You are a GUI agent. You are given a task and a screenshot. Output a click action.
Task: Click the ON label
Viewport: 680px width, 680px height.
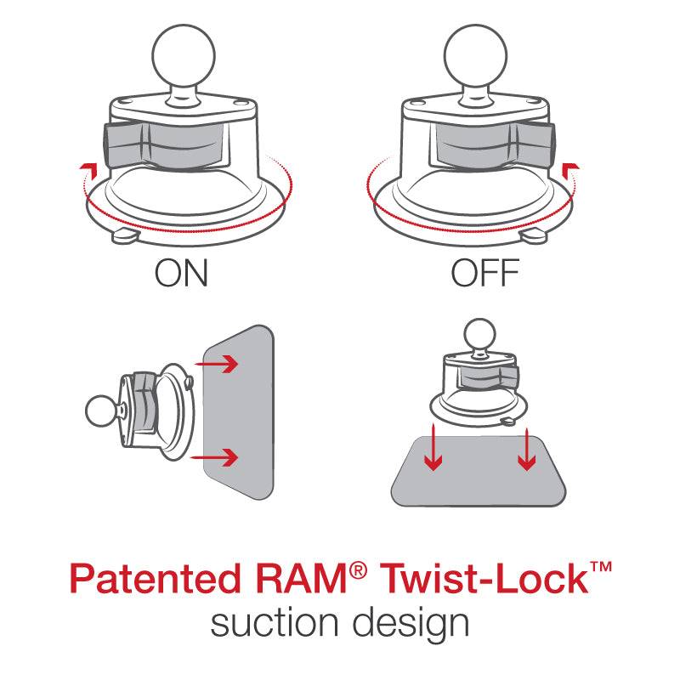[182, 274]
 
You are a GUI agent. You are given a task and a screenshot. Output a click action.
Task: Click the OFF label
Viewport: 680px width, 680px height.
[484, 274]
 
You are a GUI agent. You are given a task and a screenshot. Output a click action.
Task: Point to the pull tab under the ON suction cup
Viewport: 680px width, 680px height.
[126, 235]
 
